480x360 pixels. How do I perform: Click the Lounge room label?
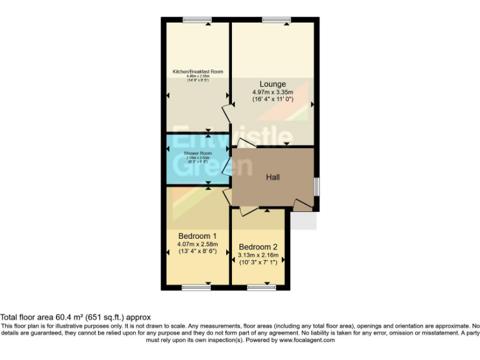pos(272,84)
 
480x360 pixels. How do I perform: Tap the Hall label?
pos(272,177)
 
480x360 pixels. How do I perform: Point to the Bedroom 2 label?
pos(258,246)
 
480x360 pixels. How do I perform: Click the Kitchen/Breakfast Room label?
pos(197,72)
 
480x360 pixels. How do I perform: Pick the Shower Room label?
pos(197,153)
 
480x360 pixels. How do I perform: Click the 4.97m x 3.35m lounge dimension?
pos(272,92)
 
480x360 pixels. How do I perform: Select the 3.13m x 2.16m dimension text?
pos(258,255)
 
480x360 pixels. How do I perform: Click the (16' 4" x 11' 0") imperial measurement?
pos(272,99)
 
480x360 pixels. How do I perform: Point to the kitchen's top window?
pos(197,20)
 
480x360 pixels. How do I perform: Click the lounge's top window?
pos(276,20)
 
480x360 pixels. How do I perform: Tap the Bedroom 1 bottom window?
pos(196,287)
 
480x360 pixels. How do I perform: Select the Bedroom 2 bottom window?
pos(261,287)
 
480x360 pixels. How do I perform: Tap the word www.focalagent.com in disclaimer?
pos(307,341)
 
